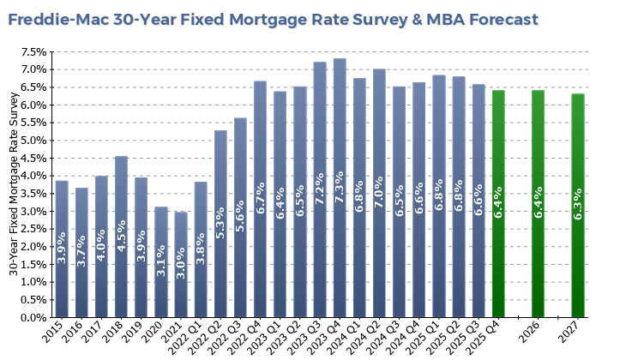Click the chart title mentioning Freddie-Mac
[273, 19]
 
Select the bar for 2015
[62, 249]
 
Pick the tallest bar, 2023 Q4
[340, 189]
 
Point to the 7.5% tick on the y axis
[33, 51]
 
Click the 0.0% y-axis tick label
[33, 317]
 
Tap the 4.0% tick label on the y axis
[33, 176]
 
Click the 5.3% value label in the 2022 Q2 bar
[220, 221]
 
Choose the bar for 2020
[161, 261]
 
